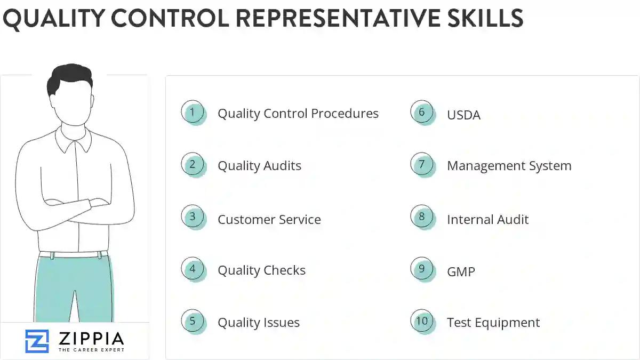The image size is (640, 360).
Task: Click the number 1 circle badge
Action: click(193, 112)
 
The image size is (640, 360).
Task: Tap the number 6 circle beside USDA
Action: click(422, 112)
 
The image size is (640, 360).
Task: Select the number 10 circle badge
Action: click(422, 321)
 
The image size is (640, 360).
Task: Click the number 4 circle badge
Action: click(193, 269)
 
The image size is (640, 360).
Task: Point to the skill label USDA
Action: click(463, 115)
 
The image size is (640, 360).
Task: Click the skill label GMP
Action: click(461, 271)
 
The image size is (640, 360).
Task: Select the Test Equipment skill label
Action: click(493, 323)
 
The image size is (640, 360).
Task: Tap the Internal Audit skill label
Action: click(487, 219)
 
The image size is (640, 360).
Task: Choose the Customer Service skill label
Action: click(269, 219)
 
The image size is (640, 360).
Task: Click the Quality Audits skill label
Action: click(259, 166)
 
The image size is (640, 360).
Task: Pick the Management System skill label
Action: click(509, 166)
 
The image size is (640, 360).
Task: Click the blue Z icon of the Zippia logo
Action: click(37, 341)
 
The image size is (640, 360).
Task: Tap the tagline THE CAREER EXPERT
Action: click(91, 350)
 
